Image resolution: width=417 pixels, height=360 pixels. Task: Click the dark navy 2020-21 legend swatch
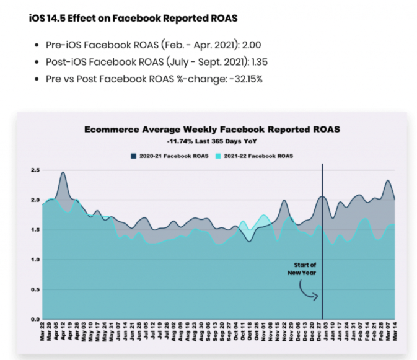(134, 156)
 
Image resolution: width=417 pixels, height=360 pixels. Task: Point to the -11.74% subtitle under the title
(212, 142)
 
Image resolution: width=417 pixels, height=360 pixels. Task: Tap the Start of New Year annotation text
(301, 269)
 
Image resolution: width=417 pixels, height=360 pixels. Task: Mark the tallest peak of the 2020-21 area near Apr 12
(63, 173)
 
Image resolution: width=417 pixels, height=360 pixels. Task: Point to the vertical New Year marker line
(322, 235)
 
